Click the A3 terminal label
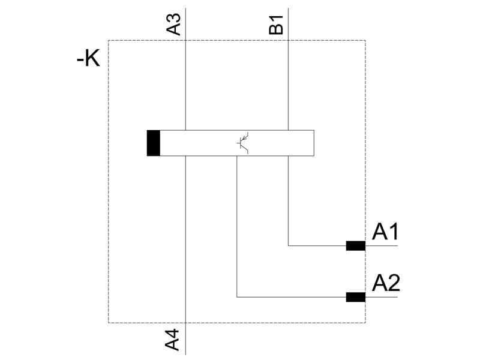(x=173, y=25)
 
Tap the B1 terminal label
(x=276, y=25)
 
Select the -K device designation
(x=88, y=58)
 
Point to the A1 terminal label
(x=385, y=232)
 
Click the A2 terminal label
(x=386, y=283)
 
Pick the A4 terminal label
(x=172, y=340)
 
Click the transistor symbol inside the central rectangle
(x=244, y=143)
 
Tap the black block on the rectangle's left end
(x=154, y=143)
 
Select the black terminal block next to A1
(x=356, y=246)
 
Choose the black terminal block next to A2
(x=356, y=297)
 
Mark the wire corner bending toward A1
(x=288, y=245)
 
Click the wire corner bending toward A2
(x=237, y=297)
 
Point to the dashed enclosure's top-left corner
(x=109, y=40)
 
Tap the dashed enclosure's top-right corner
(x=365, y=40)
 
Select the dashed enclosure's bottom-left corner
(x=109, y=323)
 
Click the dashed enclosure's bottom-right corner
(x=365, y=323)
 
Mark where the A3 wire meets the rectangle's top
(x=185, y=130)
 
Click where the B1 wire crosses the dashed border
(x=288, y=40)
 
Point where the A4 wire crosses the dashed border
(x=185, y=323)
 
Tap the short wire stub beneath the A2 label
(x=382, y=297)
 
